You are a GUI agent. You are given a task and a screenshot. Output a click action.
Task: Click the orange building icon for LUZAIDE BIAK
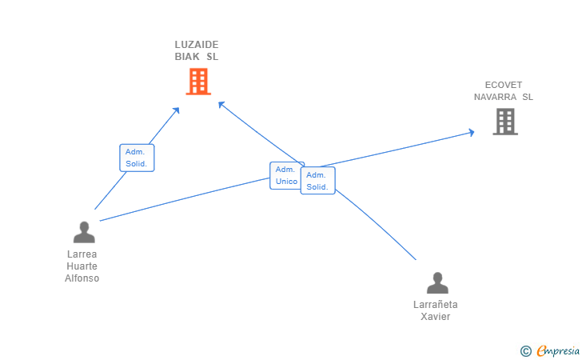coord(198,81)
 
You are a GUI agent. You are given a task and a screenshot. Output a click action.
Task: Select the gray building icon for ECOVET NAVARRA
coord(505,121)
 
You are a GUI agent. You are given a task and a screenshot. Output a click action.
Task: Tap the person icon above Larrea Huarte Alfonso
coord(84,233)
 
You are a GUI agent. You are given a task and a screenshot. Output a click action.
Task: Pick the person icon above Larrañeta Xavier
coord(437,283)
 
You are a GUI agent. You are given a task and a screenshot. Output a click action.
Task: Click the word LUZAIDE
coord(197,45)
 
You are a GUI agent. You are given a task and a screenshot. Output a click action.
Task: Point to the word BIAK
coord(188,57)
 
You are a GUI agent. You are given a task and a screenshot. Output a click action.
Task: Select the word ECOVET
coord(503,85)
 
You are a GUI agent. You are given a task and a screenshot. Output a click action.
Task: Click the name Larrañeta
coord(436,304)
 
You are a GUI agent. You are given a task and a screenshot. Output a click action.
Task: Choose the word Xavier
coord(436,316)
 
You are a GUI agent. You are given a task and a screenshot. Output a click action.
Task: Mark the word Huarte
coord(82,266)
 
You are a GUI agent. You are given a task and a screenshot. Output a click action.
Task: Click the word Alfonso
coord(82,278)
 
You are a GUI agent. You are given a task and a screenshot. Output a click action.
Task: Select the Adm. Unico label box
coord(285,175)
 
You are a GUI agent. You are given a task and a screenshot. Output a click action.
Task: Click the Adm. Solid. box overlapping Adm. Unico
coord(318,182)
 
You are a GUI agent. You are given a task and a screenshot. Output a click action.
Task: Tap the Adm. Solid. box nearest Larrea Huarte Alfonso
coord(137,158)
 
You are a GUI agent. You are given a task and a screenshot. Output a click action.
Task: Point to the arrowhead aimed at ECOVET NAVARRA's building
coord(471,132)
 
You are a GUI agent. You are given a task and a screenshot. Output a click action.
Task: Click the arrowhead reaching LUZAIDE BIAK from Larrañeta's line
coord(221,104)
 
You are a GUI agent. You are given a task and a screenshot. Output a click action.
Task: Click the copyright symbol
coord(525,350)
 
